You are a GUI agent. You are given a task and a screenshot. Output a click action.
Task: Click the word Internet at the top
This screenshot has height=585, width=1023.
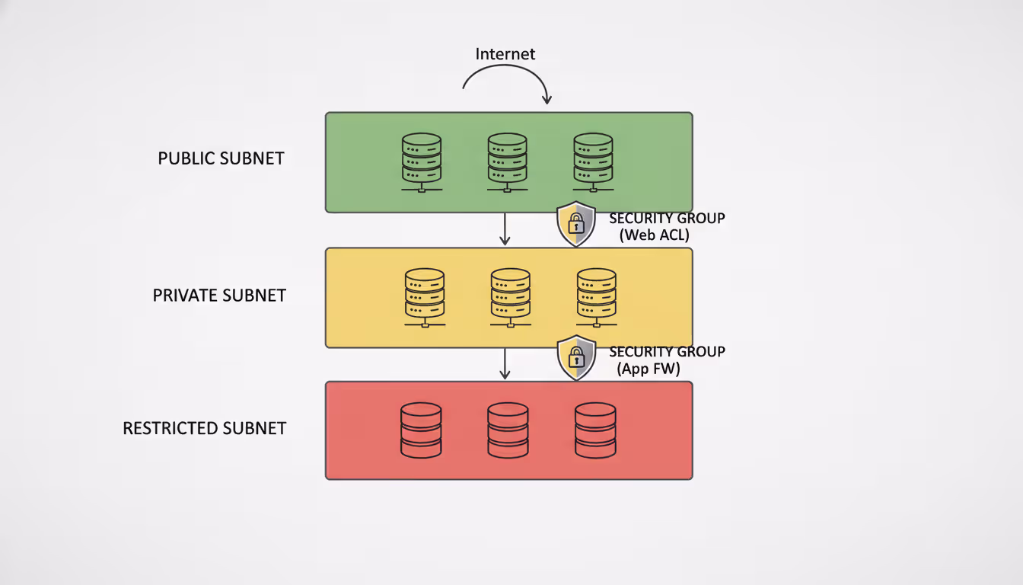point(505,54)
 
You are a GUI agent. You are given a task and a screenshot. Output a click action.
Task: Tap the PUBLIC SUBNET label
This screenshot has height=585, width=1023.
point(221,158)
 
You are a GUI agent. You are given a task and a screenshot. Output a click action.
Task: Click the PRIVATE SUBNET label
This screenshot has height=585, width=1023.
point(219,296)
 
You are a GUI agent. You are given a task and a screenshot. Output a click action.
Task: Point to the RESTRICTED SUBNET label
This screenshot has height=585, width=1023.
point(204,428)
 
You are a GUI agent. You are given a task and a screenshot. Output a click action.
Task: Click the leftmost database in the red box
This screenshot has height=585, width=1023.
point(421,430)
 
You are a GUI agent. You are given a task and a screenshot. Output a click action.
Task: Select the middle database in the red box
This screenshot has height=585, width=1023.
point(508,430)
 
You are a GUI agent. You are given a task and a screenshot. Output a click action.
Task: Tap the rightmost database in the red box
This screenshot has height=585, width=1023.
point(595,430)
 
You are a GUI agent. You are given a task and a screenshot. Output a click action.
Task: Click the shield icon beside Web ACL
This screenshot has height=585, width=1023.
point(576,224)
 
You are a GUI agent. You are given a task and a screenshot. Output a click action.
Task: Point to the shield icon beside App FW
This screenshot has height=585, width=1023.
point(576,357)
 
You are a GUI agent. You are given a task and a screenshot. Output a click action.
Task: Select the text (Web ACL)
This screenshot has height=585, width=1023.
point(654,235)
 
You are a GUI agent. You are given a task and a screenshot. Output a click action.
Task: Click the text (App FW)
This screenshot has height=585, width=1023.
point(649,369)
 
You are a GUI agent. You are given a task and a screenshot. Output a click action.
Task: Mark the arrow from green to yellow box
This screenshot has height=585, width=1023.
point(504,229)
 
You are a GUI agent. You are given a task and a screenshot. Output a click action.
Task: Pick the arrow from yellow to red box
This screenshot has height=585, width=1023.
point(504,363)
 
